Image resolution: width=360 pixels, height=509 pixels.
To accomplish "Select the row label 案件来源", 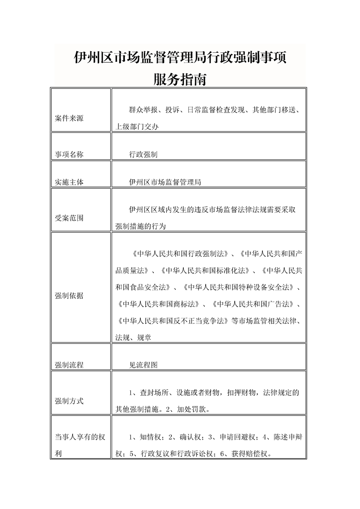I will pyautogui.click(x=69, y=118).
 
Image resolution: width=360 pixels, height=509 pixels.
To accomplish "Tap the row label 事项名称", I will pyautogui.click(x=69, y=154).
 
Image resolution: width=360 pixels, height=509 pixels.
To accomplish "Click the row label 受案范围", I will pyautogui.click(x=69, y=218).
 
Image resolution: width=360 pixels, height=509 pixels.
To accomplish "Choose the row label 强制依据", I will pyautogui.click(x=69, y=295).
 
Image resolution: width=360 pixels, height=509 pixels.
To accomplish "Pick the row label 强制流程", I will pyautogui.click(x=69, y=364).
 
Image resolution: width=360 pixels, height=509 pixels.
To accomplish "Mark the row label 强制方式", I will pyautogui.click(x=69, y=401).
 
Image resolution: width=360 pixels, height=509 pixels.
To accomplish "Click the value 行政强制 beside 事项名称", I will pyautogui.click(x=143, y=154).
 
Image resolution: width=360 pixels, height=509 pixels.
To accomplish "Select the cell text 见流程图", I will pyautogui.click(x=143, y=364).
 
